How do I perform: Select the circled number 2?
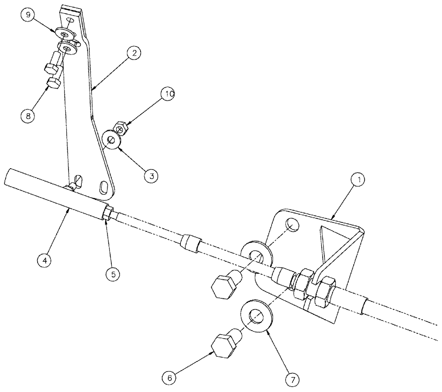(133, 53)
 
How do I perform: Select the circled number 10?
(170, 94)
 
